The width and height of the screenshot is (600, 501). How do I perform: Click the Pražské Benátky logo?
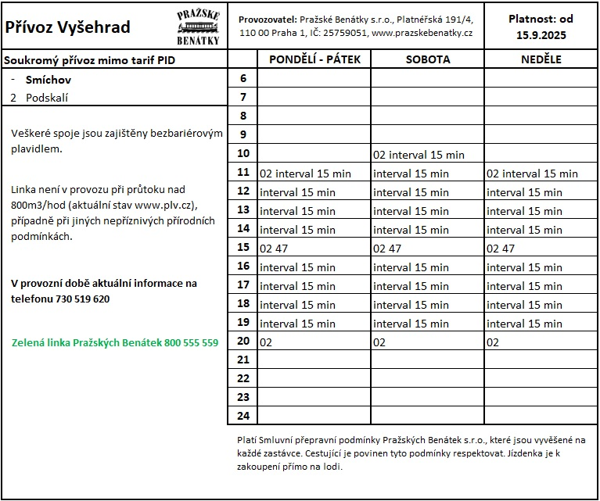[199, 27]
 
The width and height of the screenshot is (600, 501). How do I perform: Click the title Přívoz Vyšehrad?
[68, 27]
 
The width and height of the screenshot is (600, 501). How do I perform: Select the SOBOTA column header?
[427, 59]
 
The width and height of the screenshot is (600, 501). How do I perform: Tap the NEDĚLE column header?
[542, 59]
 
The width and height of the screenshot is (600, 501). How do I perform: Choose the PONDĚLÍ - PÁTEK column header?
[314, 59]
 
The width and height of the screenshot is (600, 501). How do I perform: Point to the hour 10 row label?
[243, 154]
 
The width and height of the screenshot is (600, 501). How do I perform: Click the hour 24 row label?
[243, 416]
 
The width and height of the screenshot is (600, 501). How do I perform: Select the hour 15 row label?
[243, 248]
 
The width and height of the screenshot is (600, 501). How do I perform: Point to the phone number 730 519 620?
[83, 299]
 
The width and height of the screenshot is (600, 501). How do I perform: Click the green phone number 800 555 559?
[191, 342]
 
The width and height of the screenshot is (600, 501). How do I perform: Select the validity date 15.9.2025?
[541, 35]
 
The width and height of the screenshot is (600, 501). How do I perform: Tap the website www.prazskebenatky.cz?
[422, 34]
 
